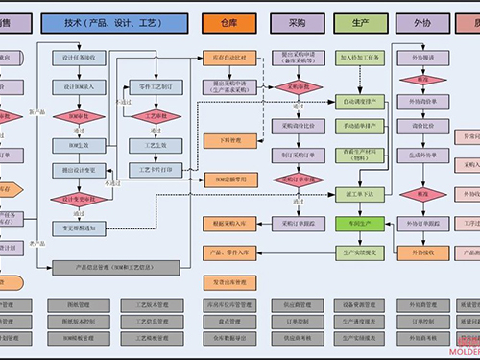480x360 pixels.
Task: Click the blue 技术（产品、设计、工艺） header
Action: tap(111, 21)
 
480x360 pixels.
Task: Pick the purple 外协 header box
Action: tap(420, 21)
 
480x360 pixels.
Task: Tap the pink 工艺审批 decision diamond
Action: tap(148, 116)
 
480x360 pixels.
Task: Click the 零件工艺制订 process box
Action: tap(148, 86)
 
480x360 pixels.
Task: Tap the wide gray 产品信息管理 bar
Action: tap(112, 265)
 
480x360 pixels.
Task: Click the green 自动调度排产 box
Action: tap(357, 100)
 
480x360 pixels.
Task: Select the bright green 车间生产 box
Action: tap(357, 223)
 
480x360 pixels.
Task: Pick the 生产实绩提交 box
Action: tap(357, 252)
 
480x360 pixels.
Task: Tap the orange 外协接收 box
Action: tap(420, 252)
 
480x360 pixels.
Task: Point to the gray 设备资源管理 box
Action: tap(357, 305)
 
